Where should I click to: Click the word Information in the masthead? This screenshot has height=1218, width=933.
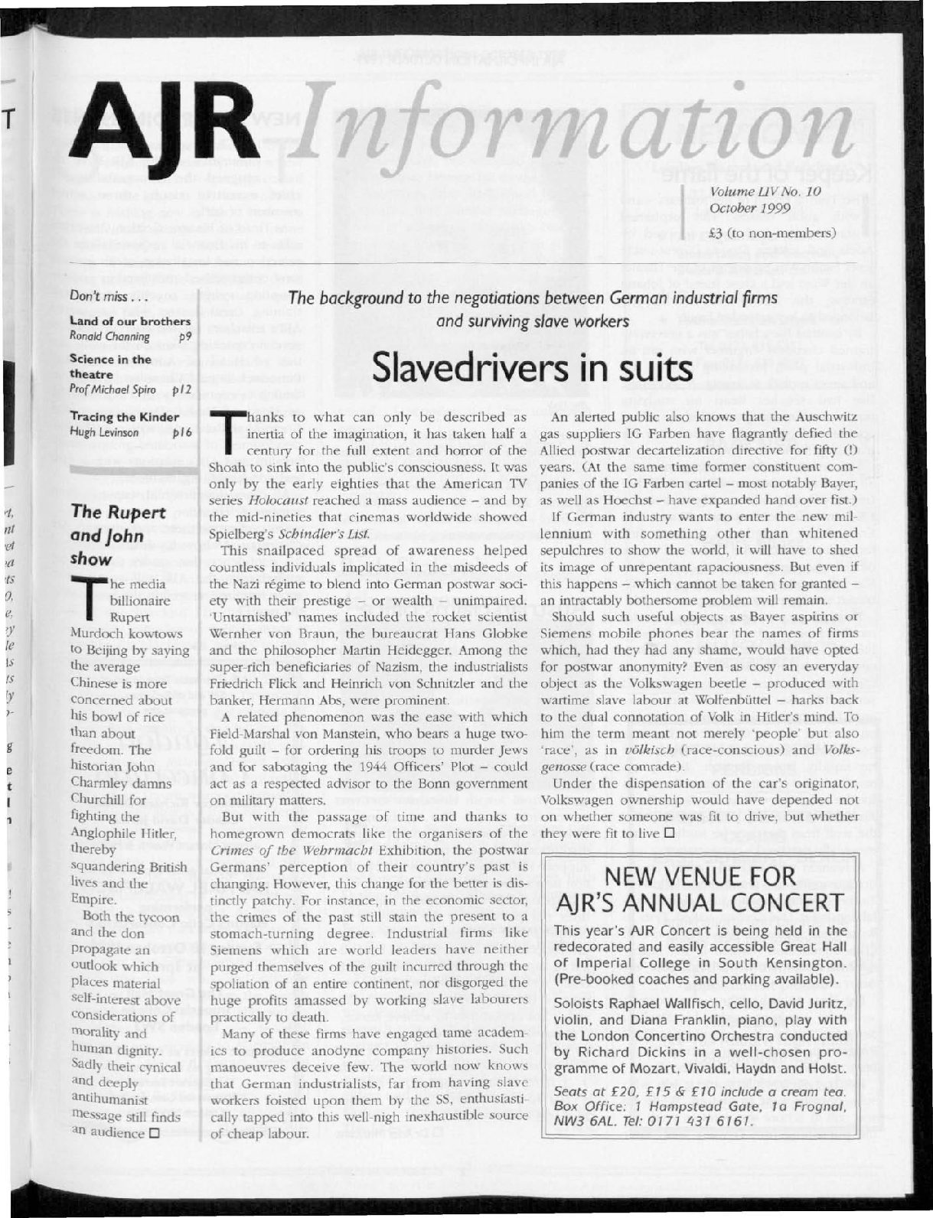[566, 122]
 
